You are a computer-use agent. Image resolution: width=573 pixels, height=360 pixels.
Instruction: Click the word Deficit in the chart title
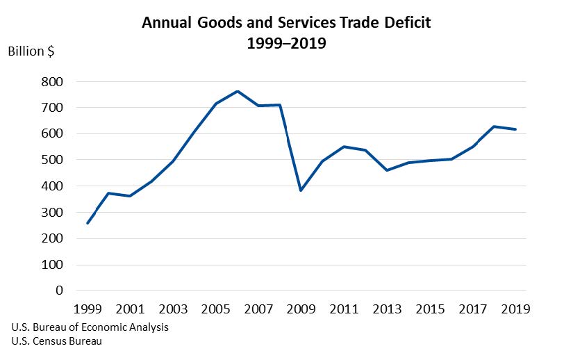coord(406,22)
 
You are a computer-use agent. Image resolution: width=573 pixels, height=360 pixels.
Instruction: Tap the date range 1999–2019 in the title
coord(286,43)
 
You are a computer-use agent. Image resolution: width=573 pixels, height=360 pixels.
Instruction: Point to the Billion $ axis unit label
coord(31,52)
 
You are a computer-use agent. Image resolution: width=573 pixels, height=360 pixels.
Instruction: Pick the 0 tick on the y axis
coord(59,291)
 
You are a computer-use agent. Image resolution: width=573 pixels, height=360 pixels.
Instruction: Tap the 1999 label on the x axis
coord(87,309)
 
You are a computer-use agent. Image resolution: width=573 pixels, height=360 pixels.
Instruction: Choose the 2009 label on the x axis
coord(301,309)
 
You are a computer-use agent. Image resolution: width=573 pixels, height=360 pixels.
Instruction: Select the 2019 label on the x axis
coord(515,309)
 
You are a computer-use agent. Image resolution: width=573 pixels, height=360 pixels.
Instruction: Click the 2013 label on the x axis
coord(387,309)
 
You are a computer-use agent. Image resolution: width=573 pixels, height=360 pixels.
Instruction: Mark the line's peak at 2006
coord(237,91)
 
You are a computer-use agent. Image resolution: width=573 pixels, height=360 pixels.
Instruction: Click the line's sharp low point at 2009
coord(301,190)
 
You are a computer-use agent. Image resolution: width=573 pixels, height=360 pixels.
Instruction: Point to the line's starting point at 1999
coord(87,223)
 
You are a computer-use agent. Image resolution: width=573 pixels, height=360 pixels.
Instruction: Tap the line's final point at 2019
coord(515,129)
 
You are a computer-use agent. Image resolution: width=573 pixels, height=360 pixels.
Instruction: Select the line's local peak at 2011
coord(344,147)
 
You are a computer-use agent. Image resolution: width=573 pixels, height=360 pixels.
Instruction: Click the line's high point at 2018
coord(494,126)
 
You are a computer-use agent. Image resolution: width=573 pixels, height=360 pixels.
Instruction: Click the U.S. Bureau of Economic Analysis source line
coord(90,327)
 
